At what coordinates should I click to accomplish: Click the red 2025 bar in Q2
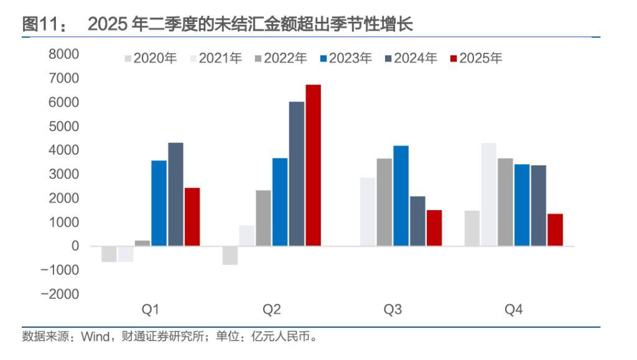(313, 165)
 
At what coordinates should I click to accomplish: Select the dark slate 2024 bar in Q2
(297, 174)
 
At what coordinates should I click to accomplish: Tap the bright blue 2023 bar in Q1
(159, 203)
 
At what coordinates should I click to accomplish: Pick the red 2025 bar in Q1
(192, 217)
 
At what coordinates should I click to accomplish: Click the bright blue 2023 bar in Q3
(401, 196)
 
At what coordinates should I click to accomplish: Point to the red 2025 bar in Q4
(555, 230)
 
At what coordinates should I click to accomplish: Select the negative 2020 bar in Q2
(230, 256)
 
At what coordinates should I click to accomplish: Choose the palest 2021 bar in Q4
(489, 195)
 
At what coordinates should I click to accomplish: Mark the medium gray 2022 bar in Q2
(264, 218)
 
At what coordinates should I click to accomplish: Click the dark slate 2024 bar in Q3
(417, 221)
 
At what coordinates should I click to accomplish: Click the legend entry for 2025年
(476, 58)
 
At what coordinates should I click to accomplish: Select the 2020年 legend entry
(151, 58)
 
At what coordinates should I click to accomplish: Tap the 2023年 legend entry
(346, 58)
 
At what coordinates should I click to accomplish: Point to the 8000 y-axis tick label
(64, 55)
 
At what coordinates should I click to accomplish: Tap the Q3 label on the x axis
(393, 310)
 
